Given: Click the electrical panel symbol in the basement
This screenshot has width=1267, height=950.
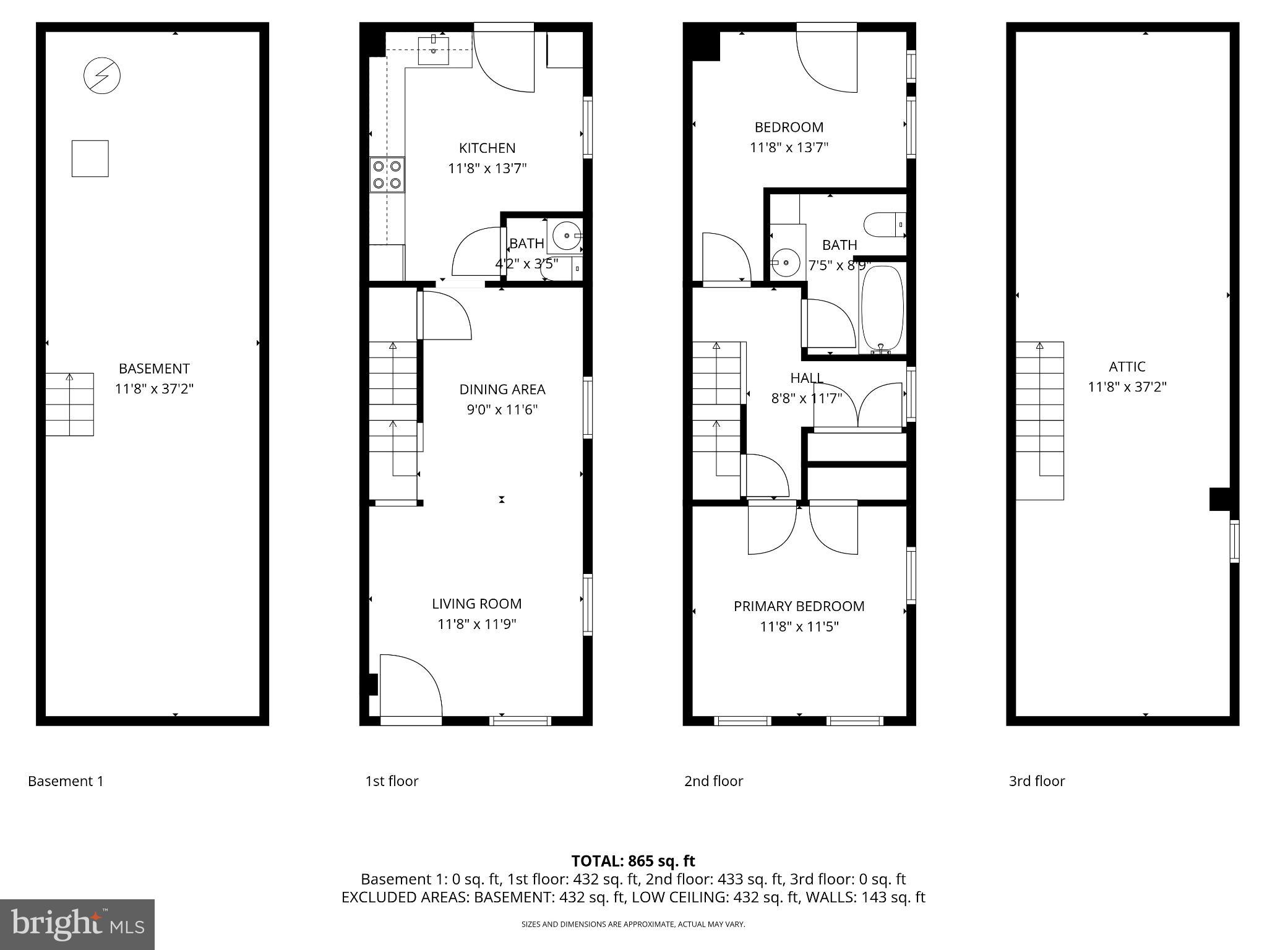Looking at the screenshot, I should (102, 75).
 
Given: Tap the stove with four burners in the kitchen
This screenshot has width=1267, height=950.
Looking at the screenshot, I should (387, 174).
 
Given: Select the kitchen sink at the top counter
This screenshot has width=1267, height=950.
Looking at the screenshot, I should (433, 50).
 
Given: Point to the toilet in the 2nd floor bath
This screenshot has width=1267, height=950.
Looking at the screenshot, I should (885, 225).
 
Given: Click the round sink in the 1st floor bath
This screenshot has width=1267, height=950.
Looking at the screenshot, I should (565, 235).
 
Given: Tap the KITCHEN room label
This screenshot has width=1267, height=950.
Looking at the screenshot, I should (487, 148).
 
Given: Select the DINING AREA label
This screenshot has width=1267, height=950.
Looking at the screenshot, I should (502, 389).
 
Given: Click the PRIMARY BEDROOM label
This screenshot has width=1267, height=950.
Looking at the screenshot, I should (799, 606).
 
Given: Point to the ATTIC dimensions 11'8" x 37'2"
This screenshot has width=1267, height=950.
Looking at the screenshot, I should (1127, 387).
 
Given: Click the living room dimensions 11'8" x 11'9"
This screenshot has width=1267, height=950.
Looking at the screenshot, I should (476, 624).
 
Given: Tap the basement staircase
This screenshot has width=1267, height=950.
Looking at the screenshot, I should (69, 404).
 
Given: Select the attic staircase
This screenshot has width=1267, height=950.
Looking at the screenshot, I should (1039, 421).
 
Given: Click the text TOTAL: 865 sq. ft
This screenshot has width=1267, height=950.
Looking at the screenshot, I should (633, 861).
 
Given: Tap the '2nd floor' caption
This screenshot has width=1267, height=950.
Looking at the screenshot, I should (713, 781).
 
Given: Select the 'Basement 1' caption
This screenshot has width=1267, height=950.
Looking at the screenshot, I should (66, 781).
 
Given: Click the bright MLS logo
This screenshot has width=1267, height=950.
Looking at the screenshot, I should (77, 924).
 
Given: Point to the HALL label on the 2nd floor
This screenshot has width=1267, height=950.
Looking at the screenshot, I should (807, 378).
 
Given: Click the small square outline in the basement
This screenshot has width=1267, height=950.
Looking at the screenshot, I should (90, 159).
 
